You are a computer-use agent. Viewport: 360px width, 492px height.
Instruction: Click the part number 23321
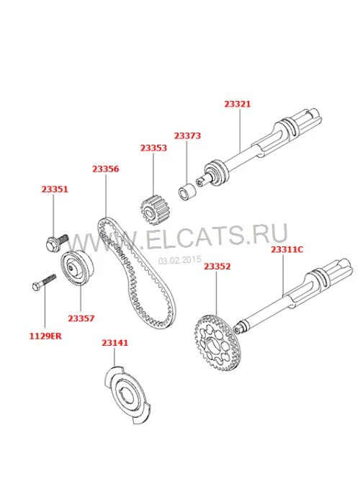tap(238, 104)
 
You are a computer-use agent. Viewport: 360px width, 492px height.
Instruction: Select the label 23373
tap(187, 135)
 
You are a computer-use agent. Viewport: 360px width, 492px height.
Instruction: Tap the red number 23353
tap(153, 148)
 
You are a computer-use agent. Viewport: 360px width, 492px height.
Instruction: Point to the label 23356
tap(106, 169)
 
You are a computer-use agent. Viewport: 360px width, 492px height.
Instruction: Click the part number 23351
tap(55, 189)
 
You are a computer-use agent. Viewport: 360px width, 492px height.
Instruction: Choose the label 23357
tap(81, 318)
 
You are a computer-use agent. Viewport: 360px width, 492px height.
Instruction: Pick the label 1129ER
tap(45, 336)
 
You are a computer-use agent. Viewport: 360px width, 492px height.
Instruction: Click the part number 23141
tap(115, 343)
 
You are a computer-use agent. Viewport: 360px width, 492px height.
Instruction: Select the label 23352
tap(217, 267)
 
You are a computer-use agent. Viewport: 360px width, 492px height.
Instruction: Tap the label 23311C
tap(287, 249)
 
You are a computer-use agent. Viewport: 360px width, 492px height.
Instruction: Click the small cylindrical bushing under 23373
tap(187, 192)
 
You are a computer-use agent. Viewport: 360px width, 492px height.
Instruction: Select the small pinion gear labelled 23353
tap(153, 211)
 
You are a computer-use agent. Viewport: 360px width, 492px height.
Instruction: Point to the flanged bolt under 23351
tap(57, 243)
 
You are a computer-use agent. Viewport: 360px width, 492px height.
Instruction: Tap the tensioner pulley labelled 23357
tap(77, 268)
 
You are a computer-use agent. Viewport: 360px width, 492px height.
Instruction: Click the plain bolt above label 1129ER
tap(44, 282)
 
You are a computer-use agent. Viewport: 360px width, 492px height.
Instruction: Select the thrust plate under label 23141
tap(127, 395)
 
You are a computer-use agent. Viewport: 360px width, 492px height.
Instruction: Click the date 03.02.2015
tap(180, 260)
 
